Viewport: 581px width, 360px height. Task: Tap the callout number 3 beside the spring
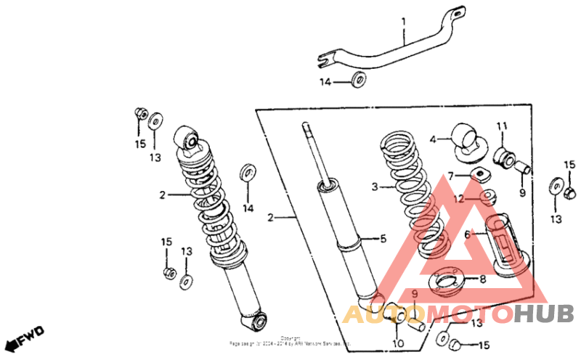coord(375,187)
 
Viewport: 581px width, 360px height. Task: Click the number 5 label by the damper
coord(385,237)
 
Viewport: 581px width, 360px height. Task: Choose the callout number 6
coord(468,234)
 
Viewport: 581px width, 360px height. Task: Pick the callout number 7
coord(451,175)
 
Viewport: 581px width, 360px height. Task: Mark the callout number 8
coord(482,279)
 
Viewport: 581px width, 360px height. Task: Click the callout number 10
coord(397,343)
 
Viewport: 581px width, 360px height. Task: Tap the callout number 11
coord(500,127)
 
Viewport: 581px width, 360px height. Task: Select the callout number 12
coord(459,198)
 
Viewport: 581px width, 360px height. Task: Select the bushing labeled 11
coord(503,155)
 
